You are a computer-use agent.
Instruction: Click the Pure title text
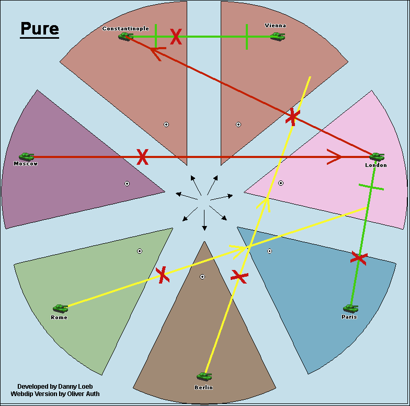[39, 29]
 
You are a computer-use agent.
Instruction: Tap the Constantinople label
[126, 29]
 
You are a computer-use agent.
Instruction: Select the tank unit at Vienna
[278, 36]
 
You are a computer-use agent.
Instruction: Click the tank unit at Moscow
[26, 156]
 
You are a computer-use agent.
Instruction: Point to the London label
[376, 165]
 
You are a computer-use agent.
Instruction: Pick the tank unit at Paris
[350, 309]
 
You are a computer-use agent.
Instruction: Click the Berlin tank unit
[204, 376]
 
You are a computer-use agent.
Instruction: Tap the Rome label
[59, 318]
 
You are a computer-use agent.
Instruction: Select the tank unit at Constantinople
[126, 36]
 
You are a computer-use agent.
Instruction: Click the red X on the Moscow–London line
[142, 156]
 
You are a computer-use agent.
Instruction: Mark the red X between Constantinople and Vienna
[176, 37]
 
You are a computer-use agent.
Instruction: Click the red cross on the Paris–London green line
[359, 257]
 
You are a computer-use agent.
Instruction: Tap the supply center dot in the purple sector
[127, 184]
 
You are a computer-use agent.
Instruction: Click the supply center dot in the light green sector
[140, 251]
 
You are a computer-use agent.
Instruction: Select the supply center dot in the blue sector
[269, 251]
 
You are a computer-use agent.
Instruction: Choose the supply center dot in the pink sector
[281, 183]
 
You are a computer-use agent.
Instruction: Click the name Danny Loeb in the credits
[73, 386]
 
